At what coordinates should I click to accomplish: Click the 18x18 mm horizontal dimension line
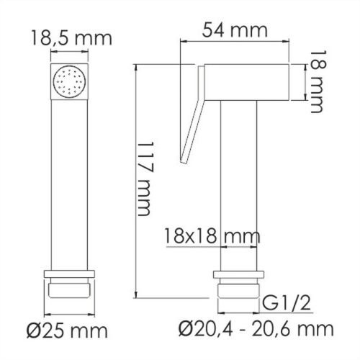click(x=209, y=246)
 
